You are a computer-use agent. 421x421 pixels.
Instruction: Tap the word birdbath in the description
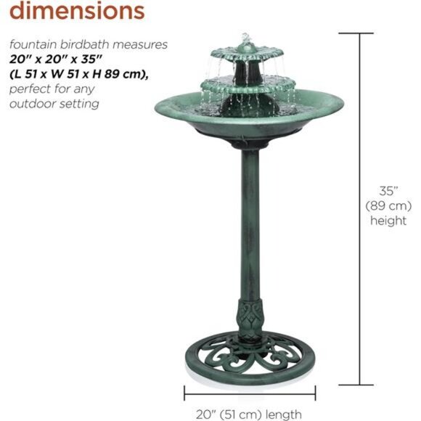click(89, 45)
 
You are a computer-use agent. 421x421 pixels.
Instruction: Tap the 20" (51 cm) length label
click(248, 414)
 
